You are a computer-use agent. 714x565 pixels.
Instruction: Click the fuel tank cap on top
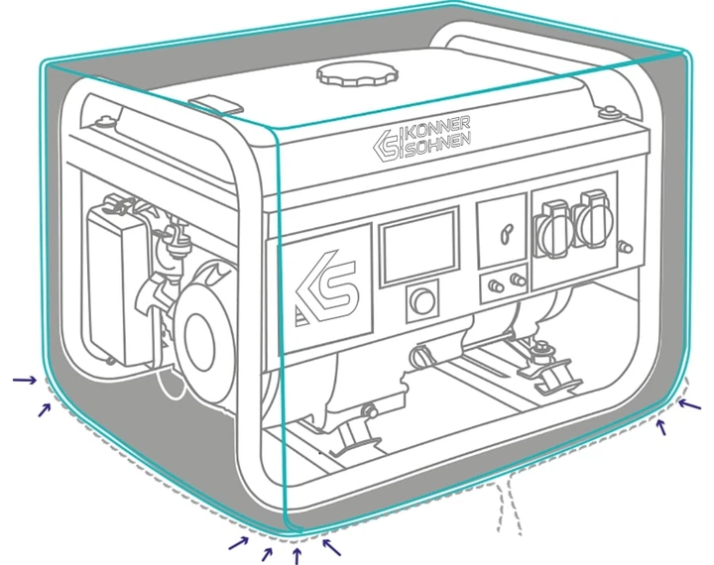coord(357,73)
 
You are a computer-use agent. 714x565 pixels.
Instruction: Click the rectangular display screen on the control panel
coord(418,248)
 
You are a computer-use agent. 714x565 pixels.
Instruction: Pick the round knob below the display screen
coord(422,301)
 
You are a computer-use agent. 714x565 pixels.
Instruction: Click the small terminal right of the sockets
coord(626,247)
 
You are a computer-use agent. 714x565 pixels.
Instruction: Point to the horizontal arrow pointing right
coord(24,380)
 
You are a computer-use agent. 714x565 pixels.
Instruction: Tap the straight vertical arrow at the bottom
coord(297,556)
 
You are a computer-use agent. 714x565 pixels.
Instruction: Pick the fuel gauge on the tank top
coord(214,105)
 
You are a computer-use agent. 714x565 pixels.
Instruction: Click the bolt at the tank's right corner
coord(609,111)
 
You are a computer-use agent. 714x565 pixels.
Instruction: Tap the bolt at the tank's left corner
coord(105,121)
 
